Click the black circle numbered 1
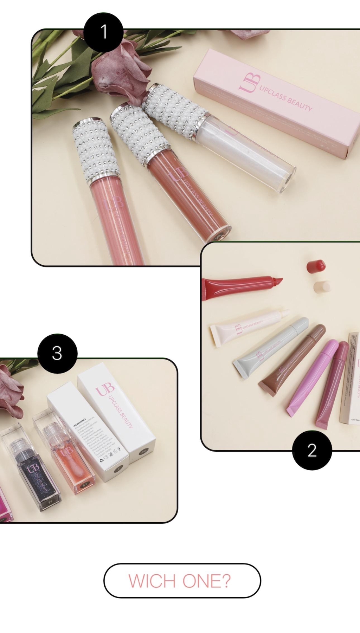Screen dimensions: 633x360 tap(103, 32)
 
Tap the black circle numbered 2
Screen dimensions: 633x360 tap(312, 450)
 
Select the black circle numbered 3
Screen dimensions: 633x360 tap(57, 353)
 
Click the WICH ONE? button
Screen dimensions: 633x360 tap(182, 581)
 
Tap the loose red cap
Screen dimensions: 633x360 tap(316, 266)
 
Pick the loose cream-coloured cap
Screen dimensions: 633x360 tap(322, 287)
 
